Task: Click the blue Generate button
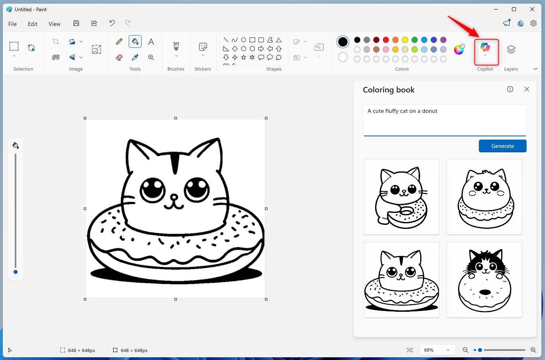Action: [502, 146]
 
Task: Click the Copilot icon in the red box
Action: [485, 48]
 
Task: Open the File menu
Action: [13, 24]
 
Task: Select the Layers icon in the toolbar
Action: [511, 49]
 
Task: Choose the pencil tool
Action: [119, 41]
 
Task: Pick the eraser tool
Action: [119, 57]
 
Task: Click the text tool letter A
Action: [151, 41]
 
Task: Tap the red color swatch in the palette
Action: [386, 40]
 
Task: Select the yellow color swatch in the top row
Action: [405, 40]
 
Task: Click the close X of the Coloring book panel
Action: [527, 89]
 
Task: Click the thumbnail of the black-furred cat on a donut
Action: [484, 280]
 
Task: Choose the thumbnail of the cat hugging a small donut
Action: [401, 197]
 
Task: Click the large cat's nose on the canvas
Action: [174, 197]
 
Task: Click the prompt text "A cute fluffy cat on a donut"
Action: [402, 111]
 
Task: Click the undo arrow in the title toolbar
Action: [112, 23]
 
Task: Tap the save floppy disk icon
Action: [76, 23]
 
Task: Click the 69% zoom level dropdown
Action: [437, 350]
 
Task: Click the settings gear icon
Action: [533, 23]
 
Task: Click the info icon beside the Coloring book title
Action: [510, 89]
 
